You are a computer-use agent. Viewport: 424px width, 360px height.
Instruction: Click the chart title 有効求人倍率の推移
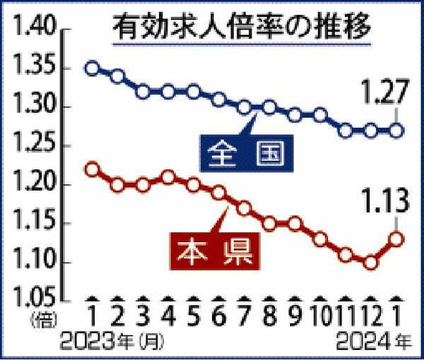(x=244, y=30)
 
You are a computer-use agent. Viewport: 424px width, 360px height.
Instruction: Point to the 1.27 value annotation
(x=383, y=92)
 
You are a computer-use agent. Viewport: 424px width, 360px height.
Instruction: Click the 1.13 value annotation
(x=384, y=205)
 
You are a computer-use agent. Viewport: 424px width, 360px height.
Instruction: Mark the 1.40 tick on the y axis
(x=32, y=30)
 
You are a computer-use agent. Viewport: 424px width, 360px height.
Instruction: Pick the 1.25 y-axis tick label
(x=32, y=147)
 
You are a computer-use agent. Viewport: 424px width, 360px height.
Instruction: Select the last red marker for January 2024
(x=397, y=239)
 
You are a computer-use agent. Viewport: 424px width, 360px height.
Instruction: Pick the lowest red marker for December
(x=371, y=263)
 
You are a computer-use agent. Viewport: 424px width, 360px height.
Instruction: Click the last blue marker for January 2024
(x=397, y=131)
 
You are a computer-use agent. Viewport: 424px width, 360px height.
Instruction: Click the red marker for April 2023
(x=168, y=177)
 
